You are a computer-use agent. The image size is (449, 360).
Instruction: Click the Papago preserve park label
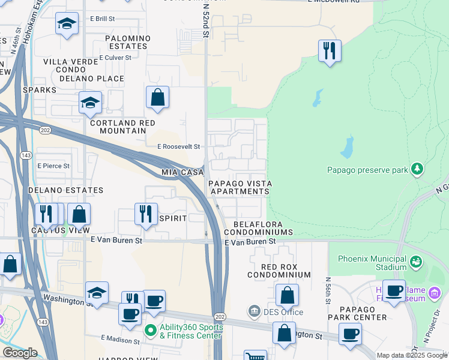pyautogui.click(x=367, y=170)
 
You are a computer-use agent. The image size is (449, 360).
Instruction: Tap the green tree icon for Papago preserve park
pyautogui.click(x=417, y=169)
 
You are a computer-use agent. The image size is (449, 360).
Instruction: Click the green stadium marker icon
pyautogui.click(x=415, y=262)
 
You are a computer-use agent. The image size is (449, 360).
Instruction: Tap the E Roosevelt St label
pyautogui.click(x=178, y=146)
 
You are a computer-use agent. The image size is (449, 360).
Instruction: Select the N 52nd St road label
pyautogui.click(x=206, y=21)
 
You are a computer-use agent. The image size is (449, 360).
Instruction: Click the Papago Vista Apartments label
pyautogui.click(x=240, y=187)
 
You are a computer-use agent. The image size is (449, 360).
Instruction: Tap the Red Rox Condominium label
pyautogui.click(x=279, y=270)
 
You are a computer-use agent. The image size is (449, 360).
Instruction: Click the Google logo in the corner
pyautogui.click(x=20, y=353)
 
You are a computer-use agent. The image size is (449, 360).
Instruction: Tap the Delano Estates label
pyautogui.click(x=65, y=190)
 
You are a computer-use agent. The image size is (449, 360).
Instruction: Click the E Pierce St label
pyautogui.click(x=53, y=166)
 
